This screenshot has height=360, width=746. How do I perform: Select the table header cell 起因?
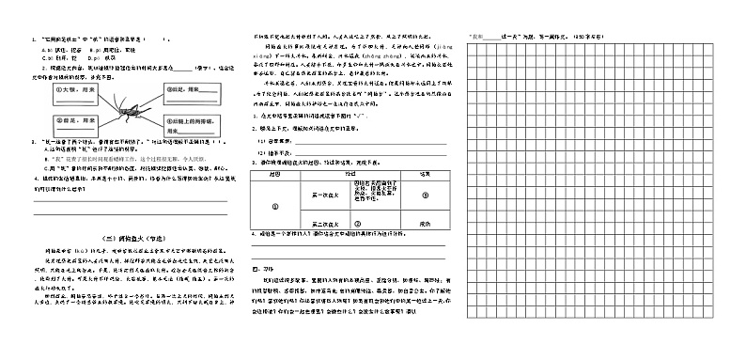click(x=274, y=175)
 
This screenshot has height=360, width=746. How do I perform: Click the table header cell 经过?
click(x=350, y=175)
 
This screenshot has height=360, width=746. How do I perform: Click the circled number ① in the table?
click(x=274, y=206)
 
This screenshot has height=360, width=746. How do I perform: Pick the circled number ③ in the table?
click(x=425, y=195)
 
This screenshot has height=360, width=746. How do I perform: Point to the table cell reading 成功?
click(x=425, y=224)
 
